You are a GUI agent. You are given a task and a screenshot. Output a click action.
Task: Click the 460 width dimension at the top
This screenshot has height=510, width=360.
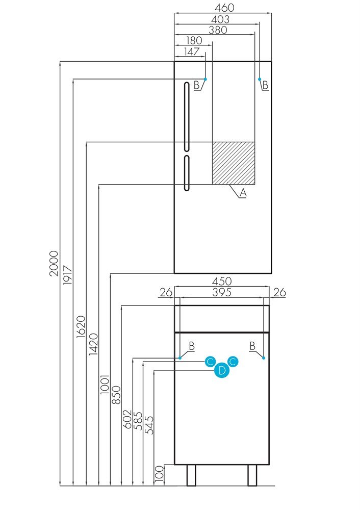224,8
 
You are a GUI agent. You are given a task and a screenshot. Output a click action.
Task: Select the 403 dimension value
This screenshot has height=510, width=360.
220,19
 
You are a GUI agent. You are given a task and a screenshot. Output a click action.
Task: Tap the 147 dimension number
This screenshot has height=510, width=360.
192,52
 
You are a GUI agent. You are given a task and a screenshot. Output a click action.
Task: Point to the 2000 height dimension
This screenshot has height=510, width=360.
54,263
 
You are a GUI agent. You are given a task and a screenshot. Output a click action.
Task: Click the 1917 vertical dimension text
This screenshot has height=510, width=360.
68,275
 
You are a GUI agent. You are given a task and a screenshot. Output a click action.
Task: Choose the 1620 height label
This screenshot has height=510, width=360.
81,326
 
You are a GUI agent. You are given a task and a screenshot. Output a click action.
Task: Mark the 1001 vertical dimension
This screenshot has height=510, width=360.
105,385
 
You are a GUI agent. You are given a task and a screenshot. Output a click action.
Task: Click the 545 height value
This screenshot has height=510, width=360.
149,425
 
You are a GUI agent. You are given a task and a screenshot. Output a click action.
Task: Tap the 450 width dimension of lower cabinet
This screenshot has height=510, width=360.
222,281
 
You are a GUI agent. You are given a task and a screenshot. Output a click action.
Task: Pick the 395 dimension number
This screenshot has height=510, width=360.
222,292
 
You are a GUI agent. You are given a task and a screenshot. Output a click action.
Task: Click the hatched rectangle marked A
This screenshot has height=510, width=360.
234,163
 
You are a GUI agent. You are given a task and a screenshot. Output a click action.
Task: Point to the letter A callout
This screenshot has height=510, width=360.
243,193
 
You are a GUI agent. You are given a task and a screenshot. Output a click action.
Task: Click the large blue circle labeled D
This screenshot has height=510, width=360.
222,370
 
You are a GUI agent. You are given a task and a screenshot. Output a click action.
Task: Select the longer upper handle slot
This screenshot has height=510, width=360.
187,117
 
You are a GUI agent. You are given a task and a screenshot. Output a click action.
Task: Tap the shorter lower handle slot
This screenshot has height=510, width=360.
187,173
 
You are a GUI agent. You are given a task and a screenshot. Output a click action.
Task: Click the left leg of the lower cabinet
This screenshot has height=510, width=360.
191,475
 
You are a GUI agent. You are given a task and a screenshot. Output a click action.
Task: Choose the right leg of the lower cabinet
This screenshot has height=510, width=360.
252,475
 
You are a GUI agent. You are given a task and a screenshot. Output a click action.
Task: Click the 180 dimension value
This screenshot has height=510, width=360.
194,41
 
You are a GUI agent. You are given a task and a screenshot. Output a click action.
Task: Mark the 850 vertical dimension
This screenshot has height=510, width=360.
116,395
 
